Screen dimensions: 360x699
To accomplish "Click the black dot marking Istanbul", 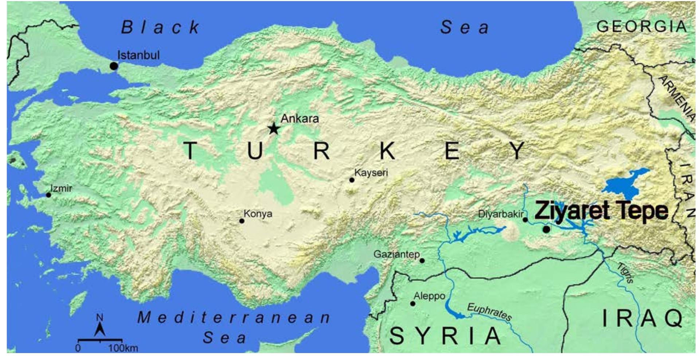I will (x=114, y=66).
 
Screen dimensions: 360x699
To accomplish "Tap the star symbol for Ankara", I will (x=274, y=128).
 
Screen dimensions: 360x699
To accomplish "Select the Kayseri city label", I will (x=371, y=172).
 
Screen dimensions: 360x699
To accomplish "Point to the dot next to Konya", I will (x=242, y=221).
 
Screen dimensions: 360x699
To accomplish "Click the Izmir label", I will (x=61, y=188).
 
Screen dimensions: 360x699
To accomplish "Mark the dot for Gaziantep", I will (x=422, y=261).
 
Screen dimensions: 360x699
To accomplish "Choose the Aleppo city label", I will (x=429, y=296).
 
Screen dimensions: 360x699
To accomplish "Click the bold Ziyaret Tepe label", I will (x=601, y=211).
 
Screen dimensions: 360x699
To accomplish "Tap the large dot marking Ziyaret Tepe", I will (x=546, y=229).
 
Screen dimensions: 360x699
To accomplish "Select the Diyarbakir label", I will (x=500, y=214).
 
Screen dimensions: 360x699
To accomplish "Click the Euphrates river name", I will (x=489, y=312).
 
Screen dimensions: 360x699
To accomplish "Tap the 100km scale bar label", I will (x=123, y=348).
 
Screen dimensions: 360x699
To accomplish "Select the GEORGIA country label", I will (x=642, y=27).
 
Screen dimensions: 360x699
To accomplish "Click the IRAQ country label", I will (x=643, y=318).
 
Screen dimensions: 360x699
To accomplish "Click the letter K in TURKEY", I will (x=387, y=150).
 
